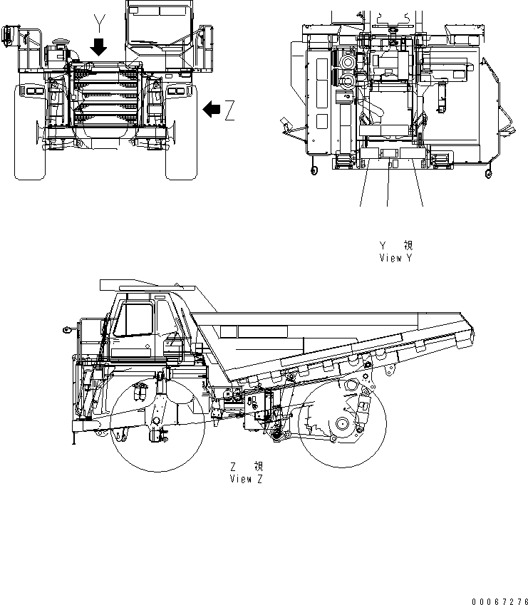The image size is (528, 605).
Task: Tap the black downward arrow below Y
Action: pyautogui.click(x=99, y=48)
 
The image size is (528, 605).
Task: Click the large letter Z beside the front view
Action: pyautogui.click(x=229, y=110)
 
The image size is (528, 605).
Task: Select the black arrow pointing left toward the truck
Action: pyautogui.click(x=212, y=109)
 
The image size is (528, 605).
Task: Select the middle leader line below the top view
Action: pyautogui.click(x=388, y=185)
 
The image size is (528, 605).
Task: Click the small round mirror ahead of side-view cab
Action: pyautogui.click(x=66, y=330)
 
